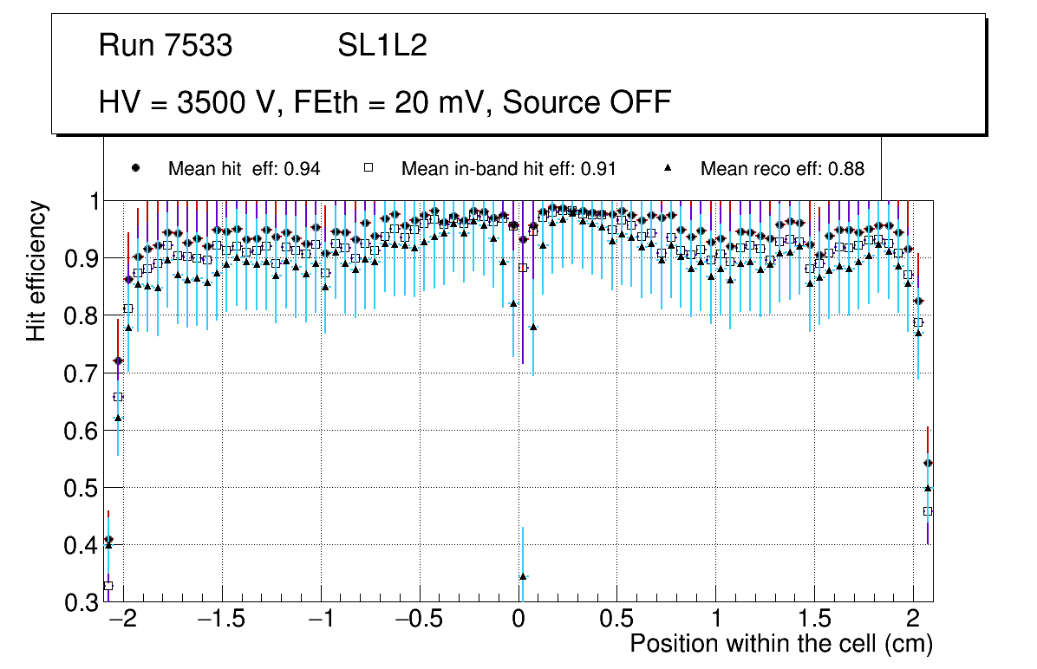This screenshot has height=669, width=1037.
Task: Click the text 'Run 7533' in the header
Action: coord(166,46)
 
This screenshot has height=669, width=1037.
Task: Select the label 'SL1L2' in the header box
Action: coord(382,46)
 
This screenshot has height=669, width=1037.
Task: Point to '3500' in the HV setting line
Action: coord(207,102)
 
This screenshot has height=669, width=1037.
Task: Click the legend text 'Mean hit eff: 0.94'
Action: coord(244,169)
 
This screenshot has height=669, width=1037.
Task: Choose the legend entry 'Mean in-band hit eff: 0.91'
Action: coord(508,169)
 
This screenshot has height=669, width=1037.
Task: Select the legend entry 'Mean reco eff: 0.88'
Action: coord(782,169)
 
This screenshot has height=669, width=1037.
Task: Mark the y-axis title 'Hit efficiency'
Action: coord(37,270)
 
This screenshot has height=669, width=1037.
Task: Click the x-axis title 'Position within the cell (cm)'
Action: coord(781,644)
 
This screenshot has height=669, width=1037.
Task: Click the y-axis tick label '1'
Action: coord(91,201)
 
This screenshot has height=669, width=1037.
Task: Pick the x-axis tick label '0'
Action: coord(518,620)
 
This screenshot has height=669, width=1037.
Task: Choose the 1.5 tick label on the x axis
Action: coord(815,620)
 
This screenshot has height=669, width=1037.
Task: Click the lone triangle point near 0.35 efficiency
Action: coord(523,576)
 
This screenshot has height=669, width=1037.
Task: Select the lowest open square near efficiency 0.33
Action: coord(108,586)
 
